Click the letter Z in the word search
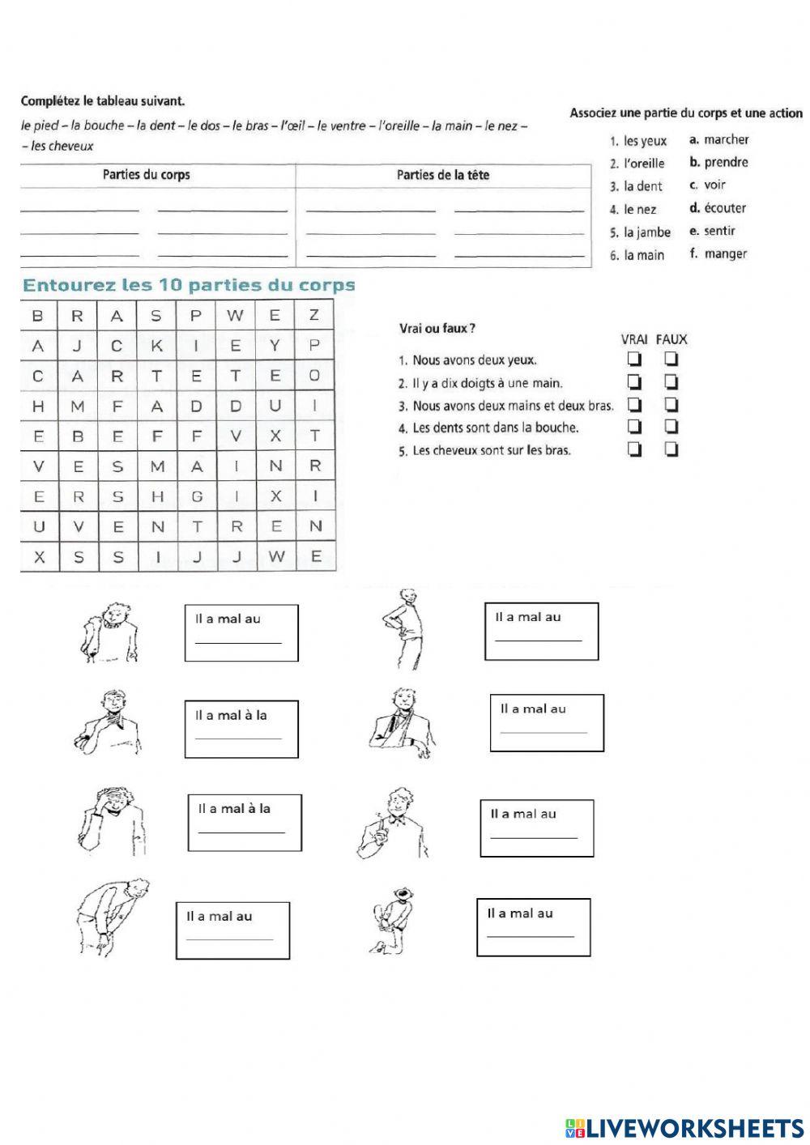click(x=315, y=316)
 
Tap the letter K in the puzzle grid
click(x=156, y=346)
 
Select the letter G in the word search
click(x=196, y=496)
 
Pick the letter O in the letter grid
click(x=315, y=376)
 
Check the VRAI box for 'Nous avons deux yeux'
click(x=634, y=359)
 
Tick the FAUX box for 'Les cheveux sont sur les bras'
click(x=671, y=449)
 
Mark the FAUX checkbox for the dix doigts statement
click(x=671, y=381)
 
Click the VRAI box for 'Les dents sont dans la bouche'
click(x=634, y=427)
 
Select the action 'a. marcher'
click(x=718, y=139)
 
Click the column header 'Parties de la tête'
click(x=442, y=175)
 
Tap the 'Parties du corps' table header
click(x=147, y=175)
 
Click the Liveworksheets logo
click(x=684, y=1127)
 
